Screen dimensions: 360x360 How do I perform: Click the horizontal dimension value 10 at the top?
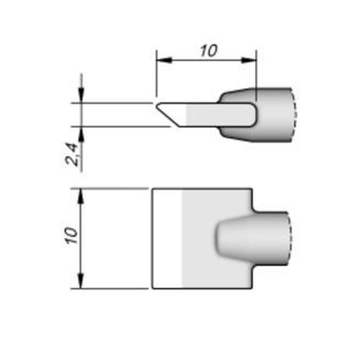click(x=209, y=51)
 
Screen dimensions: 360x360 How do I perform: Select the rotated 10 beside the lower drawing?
click(x=72, y=236)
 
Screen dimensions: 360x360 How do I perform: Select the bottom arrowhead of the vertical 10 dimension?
click(x=81, y=281)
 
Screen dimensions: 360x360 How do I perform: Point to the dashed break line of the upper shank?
click(x=294, y=114)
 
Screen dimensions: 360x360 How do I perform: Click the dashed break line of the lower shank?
click(x=291, y=239)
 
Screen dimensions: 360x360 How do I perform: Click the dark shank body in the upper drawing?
click(x=274, y=115)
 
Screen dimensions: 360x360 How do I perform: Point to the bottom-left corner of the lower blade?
click(x=153, y=288)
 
